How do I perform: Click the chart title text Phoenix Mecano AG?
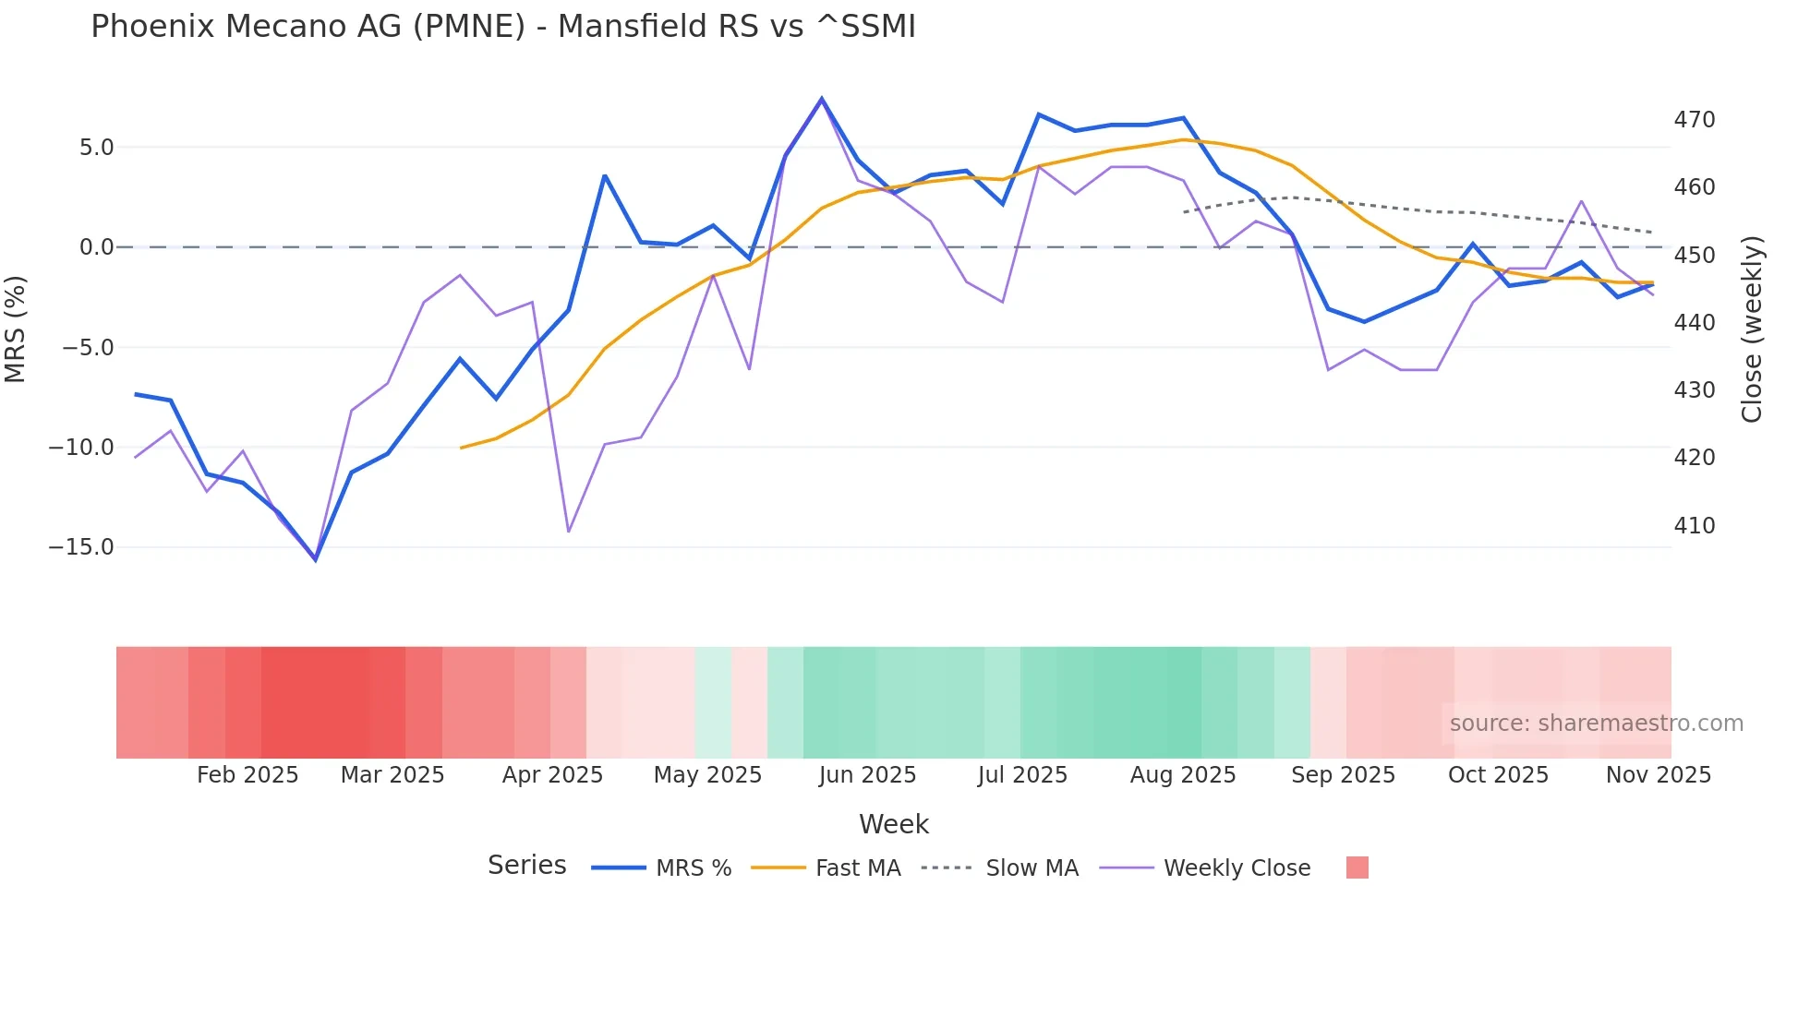502,27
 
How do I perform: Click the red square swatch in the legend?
1357,867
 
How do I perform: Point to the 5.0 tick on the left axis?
96,148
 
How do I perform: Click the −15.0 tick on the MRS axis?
81,547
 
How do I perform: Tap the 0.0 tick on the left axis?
96,247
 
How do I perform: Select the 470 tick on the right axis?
1694,120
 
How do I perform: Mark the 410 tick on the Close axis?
1694,526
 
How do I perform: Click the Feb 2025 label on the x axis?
247,775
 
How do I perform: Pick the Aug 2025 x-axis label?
1183,775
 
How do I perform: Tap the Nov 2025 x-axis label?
1658,775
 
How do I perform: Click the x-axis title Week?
893,824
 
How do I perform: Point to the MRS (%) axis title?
16,329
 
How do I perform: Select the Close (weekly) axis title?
1752,329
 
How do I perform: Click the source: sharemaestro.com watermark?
1596,724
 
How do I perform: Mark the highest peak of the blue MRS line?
821,99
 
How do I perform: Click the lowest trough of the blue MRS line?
315,559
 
